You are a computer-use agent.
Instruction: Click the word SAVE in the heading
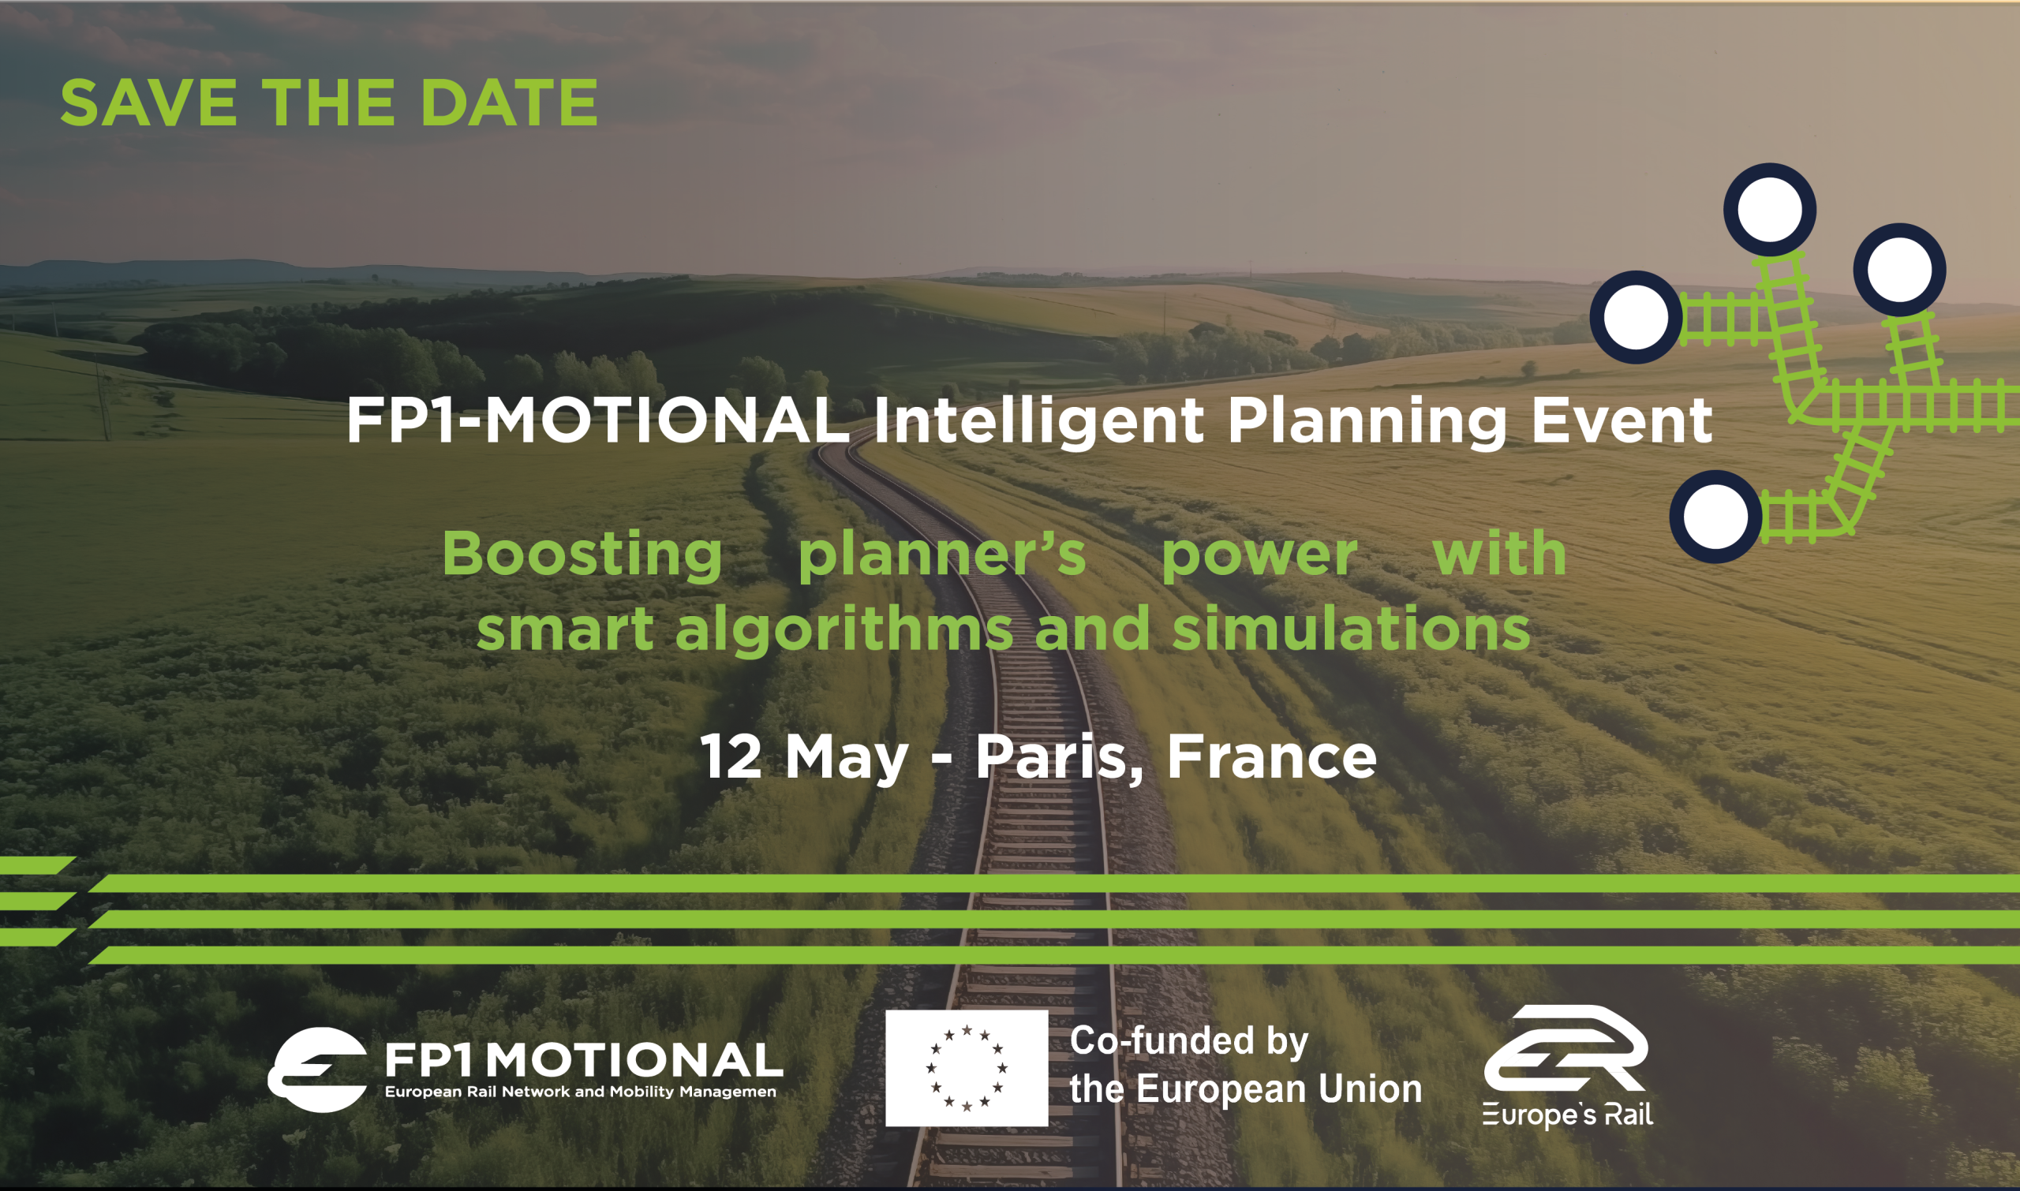pyautogui.click(x=148, y=103)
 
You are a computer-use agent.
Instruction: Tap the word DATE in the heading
pyautogui.click(x=509, y=103)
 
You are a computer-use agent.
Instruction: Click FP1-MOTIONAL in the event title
pyautogui.click(x=597, y=420)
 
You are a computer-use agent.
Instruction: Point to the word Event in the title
pyautogui.click(x=1622, y=420)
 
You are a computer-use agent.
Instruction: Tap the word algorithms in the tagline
pyautogui.click(x=844, y=630)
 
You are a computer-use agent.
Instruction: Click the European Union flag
pyautogui.click(x=967, y=1068)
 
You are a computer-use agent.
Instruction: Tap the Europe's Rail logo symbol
pyautogui.click(x=1566, y=1048)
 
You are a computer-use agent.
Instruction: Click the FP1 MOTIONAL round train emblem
pyautogui.click(x=317, y=1069)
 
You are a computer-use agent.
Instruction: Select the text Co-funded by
pyautogui.click(x=1189, y=1042)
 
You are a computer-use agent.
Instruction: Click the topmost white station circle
pyautogui.click(x=1770, y=210)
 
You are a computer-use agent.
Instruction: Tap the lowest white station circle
pyautogui.click(x=1715, y=517)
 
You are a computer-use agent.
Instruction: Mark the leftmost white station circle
pyautogui.click(x=1637, y=317)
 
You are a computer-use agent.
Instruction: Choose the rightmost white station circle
pyautogui.click(x=1899, y=270)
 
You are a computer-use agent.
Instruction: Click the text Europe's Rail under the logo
pyautogui.click(x=1568, y=1115)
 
